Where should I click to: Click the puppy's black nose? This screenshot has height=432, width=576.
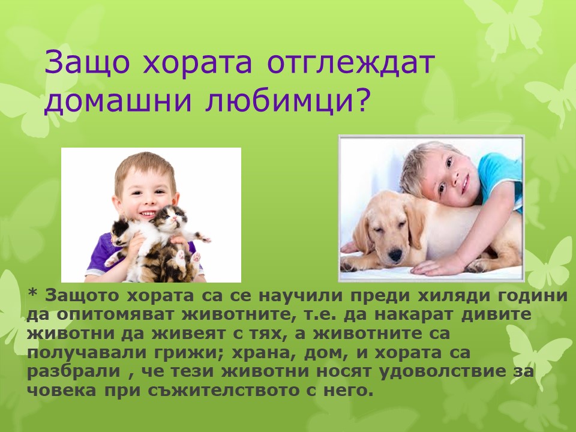394,257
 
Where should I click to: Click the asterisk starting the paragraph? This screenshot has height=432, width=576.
33,295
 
